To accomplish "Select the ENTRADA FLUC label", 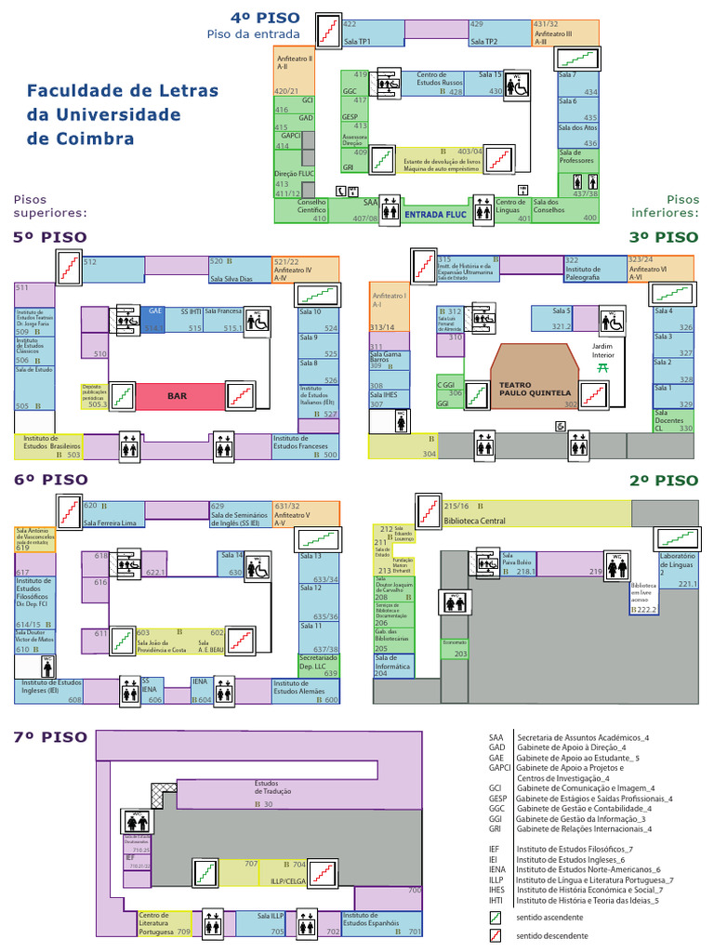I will point(435,214).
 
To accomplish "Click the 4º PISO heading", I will point(266,18).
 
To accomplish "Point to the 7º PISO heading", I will point(50,736).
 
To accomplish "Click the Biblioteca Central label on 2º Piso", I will point(475,521).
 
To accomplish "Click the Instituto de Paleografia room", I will point(593,271).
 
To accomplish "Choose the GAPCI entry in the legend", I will point(500,768).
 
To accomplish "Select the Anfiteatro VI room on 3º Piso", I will point(660,270).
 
